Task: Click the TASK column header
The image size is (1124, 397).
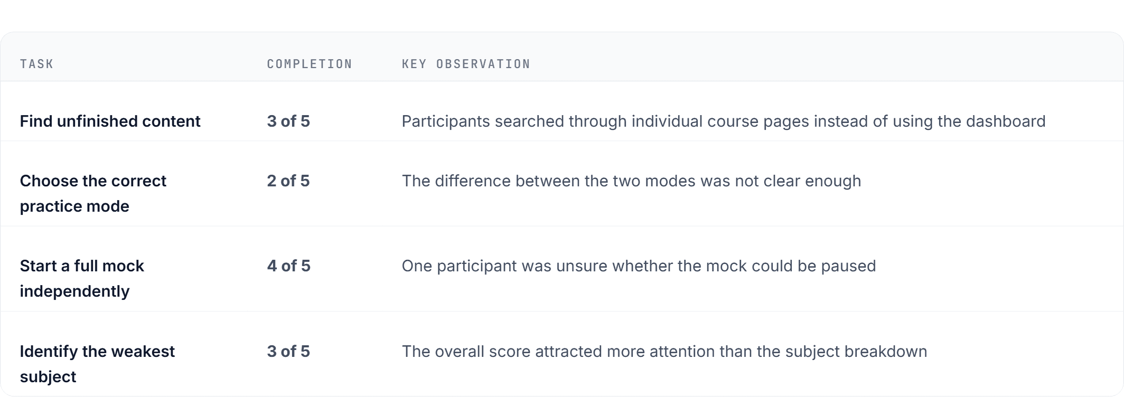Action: tap(36, 64)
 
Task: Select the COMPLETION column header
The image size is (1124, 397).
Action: tap(310, 64)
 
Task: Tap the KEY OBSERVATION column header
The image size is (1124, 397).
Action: tap(466, 64)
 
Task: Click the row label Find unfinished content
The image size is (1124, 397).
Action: tap(110, 121)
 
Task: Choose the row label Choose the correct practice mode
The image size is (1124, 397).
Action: tap(93, 193)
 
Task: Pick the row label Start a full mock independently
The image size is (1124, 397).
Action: tap(82, 278)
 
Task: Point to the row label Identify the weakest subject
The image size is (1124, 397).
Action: tap(97, 364)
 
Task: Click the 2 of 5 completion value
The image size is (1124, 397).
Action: tap(288, 181)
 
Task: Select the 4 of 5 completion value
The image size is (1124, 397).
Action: tap(289, 266)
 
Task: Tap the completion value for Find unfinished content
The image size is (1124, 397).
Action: tap(288, 121)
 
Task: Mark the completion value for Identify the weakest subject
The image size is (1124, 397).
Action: tap(288, 352)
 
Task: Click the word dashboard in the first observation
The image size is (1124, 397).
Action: tap(1006, 121)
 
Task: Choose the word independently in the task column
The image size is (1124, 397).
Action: tap(74, 291)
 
